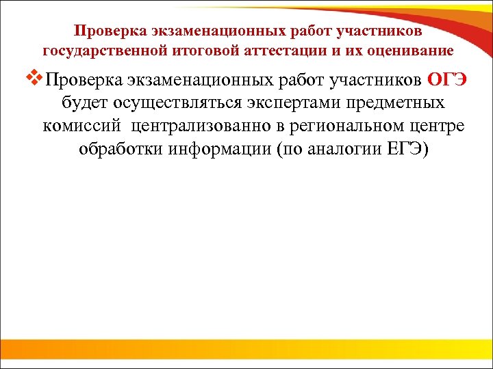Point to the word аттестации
(268, 51)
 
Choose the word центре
(438, 126)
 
